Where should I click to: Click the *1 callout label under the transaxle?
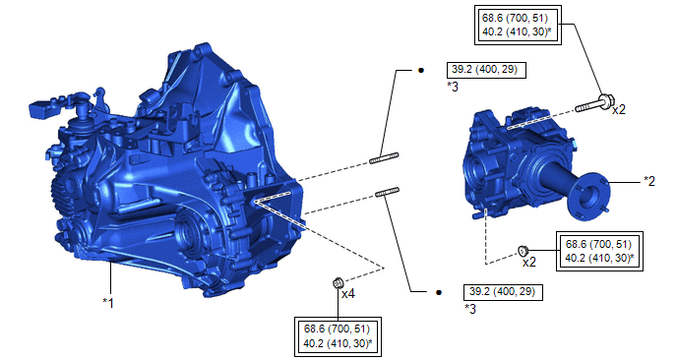tap(108, 303)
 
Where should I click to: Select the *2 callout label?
tap(648, 181)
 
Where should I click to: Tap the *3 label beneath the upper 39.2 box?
tap(453, 87)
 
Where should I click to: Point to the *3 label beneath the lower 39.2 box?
tap(470, 309)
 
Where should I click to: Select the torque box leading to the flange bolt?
tap(519, 25)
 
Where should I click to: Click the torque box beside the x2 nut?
tap(599, 251)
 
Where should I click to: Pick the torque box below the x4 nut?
tap(338, 336)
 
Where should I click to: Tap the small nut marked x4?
tap(338, 283)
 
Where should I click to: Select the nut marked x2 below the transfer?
tap(523, 251)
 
